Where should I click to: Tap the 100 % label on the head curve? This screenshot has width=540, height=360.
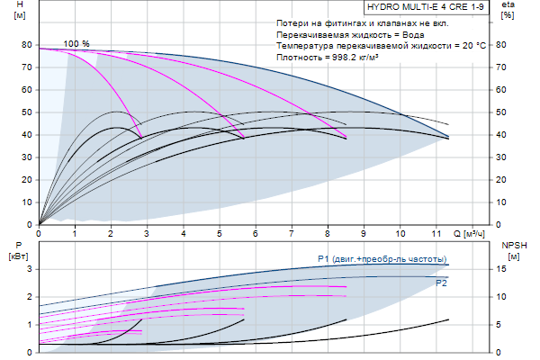point(76,44)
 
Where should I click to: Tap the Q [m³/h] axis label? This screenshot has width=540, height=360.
point(470,233)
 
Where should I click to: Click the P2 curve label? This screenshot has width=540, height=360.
point(441,283)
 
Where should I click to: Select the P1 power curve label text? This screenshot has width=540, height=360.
point(382,259)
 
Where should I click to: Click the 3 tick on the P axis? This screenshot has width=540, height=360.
point(29,268)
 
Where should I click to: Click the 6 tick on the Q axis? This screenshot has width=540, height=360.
point(256,233)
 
